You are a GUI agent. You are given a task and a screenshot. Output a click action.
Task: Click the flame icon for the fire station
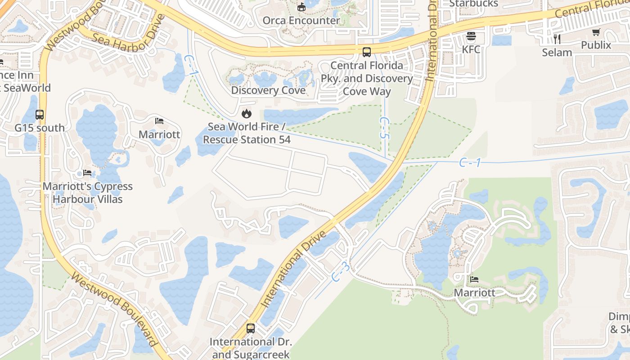coord(247,113)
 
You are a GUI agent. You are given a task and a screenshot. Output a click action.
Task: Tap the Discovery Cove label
coord(268,90)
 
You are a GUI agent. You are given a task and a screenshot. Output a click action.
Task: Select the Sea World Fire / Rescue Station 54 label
coord(247,133)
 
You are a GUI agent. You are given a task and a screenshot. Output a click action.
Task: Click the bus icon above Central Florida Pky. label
coord(367,52)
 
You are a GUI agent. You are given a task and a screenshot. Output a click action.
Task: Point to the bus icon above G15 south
coord(40,115)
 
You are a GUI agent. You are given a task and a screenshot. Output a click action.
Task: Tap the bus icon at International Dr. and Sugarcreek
coord(251,328)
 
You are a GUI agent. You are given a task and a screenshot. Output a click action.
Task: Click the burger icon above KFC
coord(471,36)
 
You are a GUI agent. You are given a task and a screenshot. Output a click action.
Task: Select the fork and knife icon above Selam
coord(557,39)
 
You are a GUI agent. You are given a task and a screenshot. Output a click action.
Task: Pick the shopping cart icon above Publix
coord(596,32)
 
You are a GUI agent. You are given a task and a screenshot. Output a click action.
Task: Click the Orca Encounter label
coord(301,20)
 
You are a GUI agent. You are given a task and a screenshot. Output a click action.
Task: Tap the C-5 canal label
coord(384,129)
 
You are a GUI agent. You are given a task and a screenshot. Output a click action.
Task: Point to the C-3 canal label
coord(341,272)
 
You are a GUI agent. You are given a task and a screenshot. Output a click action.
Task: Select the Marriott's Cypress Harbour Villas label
coord(88,193)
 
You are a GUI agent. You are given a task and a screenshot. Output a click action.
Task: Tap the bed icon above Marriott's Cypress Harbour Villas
coord(87,173)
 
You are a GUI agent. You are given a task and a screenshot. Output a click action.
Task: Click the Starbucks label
coord(474,4)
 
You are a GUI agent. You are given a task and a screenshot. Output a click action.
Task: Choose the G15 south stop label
coord(40,128)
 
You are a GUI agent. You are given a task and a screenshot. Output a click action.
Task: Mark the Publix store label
coord(596,45)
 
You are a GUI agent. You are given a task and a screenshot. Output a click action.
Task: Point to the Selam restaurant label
coord(557,52)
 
